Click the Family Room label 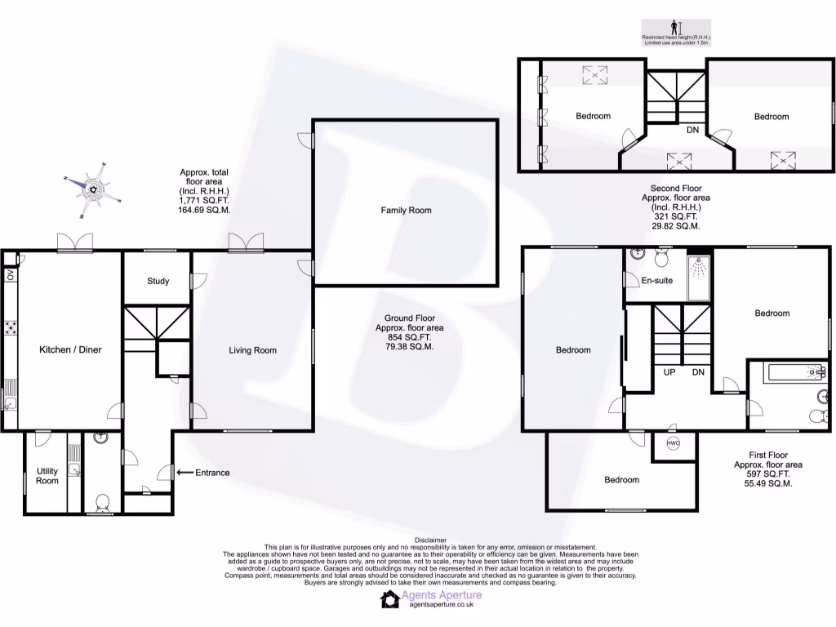406,211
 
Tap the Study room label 158,282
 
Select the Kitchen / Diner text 70,350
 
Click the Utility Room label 47,476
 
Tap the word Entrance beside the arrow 212,473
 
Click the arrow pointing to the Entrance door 184,473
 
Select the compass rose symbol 95,189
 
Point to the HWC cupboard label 674,443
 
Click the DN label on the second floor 692,131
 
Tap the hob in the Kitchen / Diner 11,328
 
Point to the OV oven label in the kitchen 11,276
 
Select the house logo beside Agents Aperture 389,600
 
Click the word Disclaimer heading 430,540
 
